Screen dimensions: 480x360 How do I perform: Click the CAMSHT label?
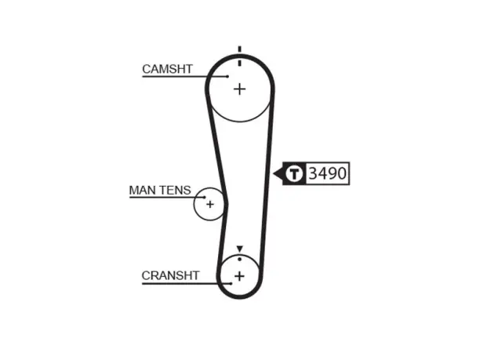tap(167, 69)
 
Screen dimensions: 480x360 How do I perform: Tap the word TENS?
tap(174, 190)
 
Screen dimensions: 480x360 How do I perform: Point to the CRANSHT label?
tap(170, 275)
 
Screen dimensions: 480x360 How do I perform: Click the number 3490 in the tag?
tap(328, 173)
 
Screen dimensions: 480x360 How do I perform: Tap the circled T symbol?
tap(294, 173)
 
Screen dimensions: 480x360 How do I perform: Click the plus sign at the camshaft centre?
tap(240, 89)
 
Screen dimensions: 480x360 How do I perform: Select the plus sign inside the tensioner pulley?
tap(210, 204)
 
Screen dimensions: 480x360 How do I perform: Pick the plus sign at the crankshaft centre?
tap(240, 276)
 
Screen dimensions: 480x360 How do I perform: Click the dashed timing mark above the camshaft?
tap(240, 56)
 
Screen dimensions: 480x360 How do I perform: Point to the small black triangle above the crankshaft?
tap(240, 249)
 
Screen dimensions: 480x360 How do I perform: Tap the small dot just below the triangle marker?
tap(240, 260)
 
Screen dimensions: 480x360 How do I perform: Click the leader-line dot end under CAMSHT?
tap(227, 76)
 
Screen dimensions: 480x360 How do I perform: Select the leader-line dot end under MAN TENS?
tap(205, 198)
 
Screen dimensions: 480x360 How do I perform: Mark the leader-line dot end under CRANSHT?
tap(231, 284)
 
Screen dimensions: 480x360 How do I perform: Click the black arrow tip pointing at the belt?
tap(274, 174)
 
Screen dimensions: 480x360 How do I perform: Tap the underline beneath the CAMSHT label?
tap(185, 76)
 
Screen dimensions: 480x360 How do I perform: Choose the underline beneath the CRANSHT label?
tap(187, 284)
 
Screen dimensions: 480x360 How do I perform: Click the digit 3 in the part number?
tap(313, 173)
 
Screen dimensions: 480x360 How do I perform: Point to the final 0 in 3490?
tap(342, 173)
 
